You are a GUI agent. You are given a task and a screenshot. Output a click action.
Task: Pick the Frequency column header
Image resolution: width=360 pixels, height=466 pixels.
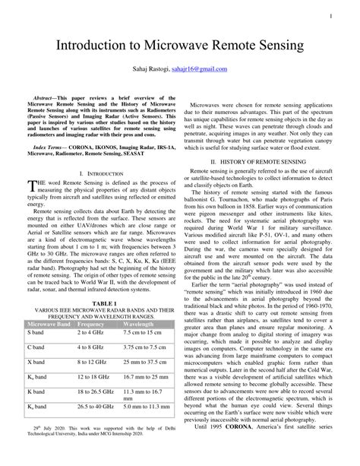pyautogui.click(x=91, y=323)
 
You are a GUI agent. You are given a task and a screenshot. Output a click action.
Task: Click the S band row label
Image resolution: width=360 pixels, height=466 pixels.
pyautogui.click(x=36, y=333)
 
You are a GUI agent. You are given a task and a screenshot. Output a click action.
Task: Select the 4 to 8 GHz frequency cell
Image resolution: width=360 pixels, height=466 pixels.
pyautogui.click(x=92, y=347)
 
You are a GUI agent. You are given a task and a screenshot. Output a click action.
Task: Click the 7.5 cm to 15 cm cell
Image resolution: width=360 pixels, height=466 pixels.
pyautogui.click(x=142, y=333)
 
